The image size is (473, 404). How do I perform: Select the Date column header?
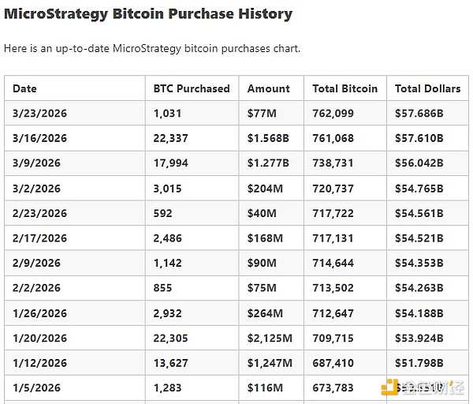24,88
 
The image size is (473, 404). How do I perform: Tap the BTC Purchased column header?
192,88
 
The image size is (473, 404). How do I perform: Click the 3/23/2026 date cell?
39,113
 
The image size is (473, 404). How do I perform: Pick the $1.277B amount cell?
268,163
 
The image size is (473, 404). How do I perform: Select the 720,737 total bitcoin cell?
333,188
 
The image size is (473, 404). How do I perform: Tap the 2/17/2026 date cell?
39,238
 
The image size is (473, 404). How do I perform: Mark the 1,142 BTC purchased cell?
168,263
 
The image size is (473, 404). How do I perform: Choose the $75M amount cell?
262,288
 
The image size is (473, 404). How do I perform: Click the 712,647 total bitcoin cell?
333,313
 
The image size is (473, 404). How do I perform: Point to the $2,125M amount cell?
270,338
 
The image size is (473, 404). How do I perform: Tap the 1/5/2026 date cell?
36,388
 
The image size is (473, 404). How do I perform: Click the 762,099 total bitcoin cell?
333,113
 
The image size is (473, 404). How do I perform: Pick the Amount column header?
269,88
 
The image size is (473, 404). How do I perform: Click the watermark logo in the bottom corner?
389,387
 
